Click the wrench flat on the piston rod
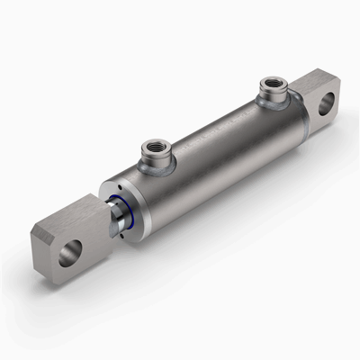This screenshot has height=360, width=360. tap(113, 221)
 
